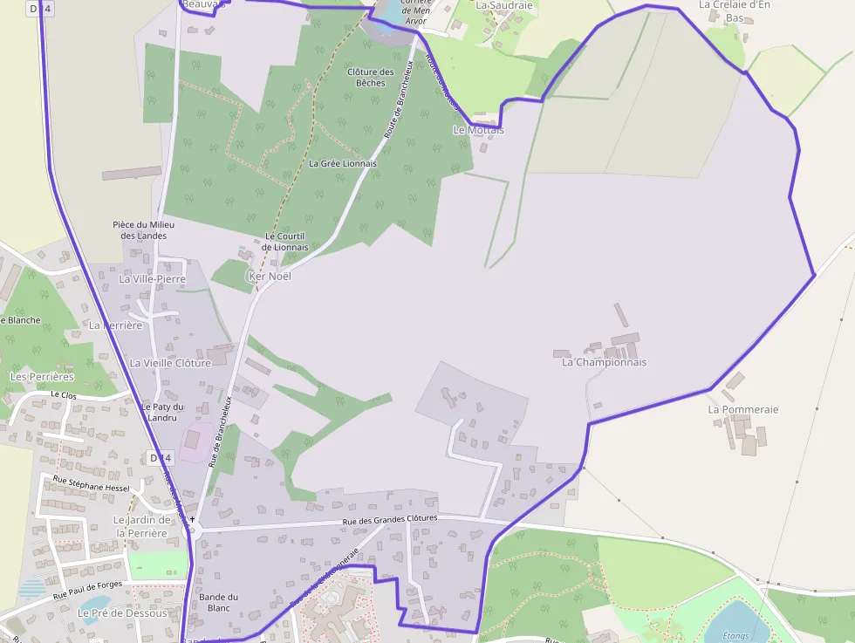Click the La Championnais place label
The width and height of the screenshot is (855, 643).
point(604,362)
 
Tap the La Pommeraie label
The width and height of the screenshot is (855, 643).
point(742,409)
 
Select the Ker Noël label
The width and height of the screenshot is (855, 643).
point(270,276)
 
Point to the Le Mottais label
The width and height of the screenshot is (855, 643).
point(478,130)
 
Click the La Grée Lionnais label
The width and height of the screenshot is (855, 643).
point(343,163)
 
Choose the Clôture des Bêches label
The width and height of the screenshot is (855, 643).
point(370,78)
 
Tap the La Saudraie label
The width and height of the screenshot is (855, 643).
point(503,5)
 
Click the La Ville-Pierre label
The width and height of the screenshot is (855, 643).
point(153,279)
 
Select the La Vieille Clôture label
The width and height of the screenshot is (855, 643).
point(170,363)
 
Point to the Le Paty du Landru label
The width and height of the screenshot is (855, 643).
point(163,412)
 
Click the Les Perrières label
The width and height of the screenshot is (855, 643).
point(41,377)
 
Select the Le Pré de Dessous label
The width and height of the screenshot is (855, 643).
point(122,613)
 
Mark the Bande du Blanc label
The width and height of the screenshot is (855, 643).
point(218,602)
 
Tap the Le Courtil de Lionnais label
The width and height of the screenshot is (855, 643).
point(286,242)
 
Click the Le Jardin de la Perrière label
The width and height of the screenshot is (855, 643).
point(141,526)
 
